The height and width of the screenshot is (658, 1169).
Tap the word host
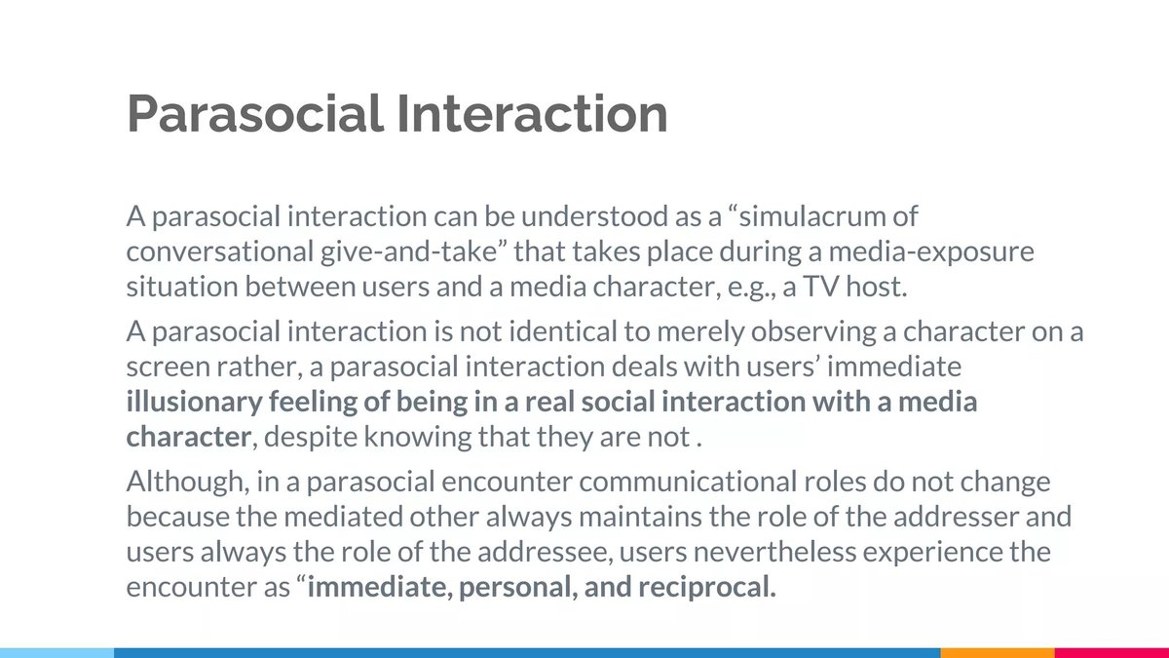(x=899, y=288)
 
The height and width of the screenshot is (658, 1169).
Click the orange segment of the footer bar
(x=997, y=652)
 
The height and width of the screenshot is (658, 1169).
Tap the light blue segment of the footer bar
(x=57, y=652)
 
